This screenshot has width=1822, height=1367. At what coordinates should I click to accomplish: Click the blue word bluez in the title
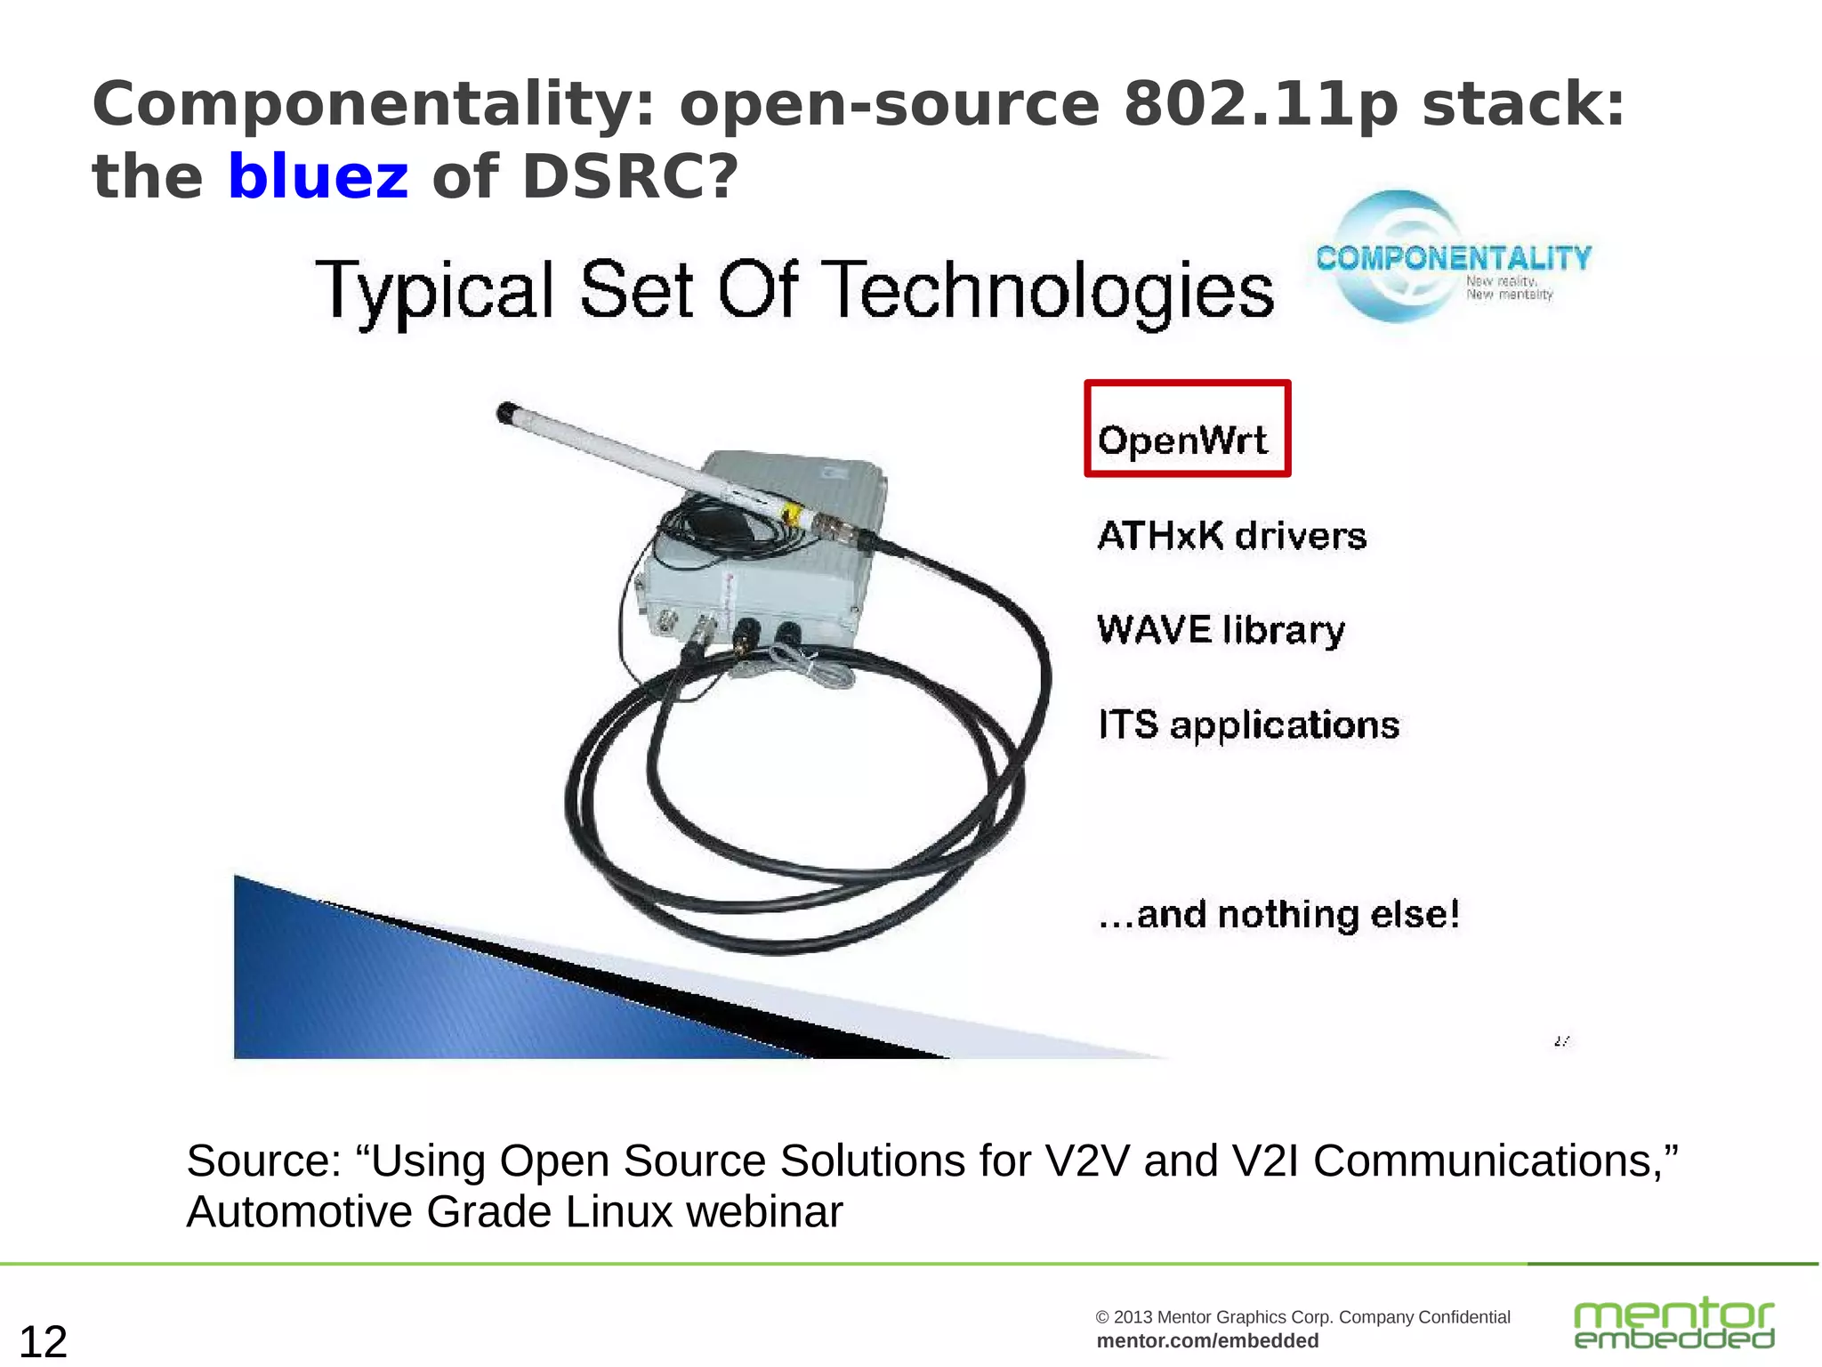(x=318, y=176)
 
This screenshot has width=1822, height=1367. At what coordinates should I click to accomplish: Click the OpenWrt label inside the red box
(x=1182, y=440)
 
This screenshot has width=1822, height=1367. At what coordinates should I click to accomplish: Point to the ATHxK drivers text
(x=1231, y=536)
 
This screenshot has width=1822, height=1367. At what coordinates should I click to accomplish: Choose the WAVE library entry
(x=1221, y=630)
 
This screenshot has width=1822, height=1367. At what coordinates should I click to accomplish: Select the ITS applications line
(x=1248, y=725)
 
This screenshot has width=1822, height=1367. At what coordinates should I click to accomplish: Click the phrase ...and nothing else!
(x=1278, y=915)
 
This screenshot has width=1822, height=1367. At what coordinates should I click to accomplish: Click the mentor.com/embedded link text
(x=1207, y=1341)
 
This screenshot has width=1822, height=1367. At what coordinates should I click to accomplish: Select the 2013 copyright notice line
(x=1302, y=1317)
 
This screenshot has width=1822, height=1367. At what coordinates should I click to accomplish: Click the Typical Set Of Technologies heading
(x=794, y=291)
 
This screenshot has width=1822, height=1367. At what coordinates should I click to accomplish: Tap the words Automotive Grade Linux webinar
(x=514, y=1212)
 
